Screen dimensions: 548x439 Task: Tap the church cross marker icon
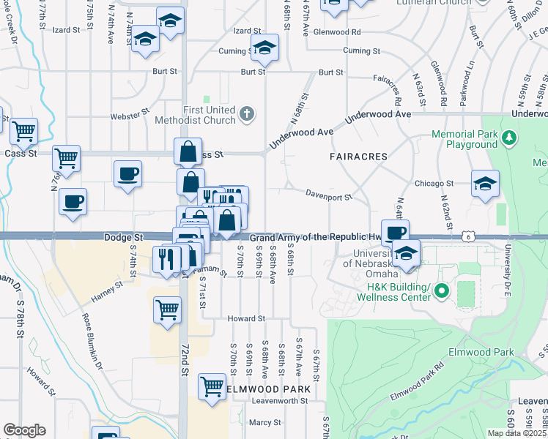click(248, 113)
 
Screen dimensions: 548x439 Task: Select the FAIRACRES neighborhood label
click(358, 157)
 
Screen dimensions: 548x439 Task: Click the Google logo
click(25, 430)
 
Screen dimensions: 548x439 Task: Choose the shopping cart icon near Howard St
click(167, 308)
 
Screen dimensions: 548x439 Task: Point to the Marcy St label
click(265, 422)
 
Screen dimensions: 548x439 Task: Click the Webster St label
click(130, 116)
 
